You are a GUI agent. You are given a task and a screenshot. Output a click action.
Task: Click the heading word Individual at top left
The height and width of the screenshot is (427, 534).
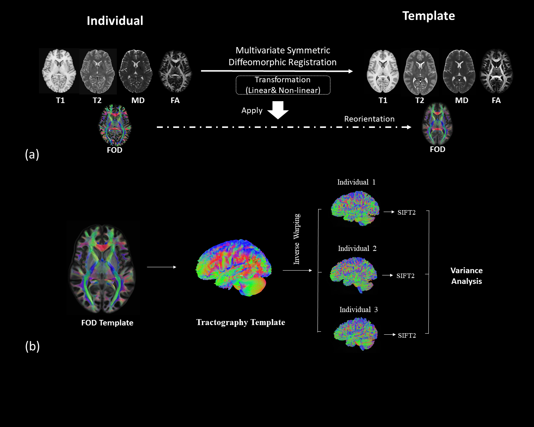pyautogui.click(x=115, y=21)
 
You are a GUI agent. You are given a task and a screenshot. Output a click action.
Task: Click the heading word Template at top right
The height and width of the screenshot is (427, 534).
pyautogui.click(x=428, y=16)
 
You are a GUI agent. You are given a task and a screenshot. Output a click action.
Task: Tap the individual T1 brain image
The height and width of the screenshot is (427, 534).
pyautogui.click(x=59, y=71)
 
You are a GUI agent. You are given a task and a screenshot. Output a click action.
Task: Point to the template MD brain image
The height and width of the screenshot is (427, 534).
pyautogui.click(x=459, y=72)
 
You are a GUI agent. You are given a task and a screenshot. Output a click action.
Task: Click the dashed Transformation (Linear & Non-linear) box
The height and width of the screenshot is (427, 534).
pyautogui.click(x=283, y=85)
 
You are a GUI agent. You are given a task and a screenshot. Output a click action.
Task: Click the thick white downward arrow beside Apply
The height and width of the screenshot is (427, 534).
pyautogui.click(x=278, y=110)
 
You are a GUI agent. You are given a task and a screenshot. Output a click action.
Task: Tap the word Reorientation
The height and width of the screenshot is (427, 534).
pyautogui.click(x=369, y=119)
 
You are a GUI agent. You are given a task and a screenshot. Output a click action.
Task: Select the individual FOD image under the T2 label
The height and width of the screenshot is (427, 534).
pyautogui.click(x=115, y=125)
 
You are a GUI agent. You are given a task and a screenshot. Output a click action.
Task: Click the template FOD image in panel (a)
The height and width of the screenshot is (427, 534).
pyautogui.click(x=438, y=124)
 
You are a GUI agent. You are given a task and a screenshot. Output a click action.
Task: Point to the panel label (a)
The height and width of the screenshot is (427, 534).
pyautogui.click(x=32, y=154)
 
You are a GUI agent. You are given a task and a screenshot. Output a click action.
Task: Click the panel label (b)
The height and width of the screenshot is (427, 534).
pyautogui.click(x=32, y=346)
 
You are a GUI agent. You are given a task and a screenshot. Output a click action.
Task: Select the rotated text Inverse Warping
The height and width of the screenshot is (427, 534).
pyautogui.click(x=297, y=239)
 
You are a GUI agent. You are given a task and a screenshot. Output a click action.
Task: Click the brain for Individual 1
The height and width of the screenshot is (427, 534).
pyautogui.click(x=355, y=208)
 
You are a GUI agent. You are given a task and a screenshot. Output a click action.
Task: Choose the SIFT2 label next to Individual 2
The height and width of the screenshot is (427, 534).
pyautogui.click(x=405, y=276)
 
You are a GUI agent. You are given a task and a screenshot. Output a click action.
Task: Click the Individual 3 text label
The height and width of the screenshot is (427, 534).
pyautogui.click(x=358, y=310)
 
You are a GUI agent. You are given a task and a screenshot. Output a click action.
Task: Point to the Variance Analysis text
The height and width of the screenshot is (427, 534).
pyautogui.click(x=467, y=276)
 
